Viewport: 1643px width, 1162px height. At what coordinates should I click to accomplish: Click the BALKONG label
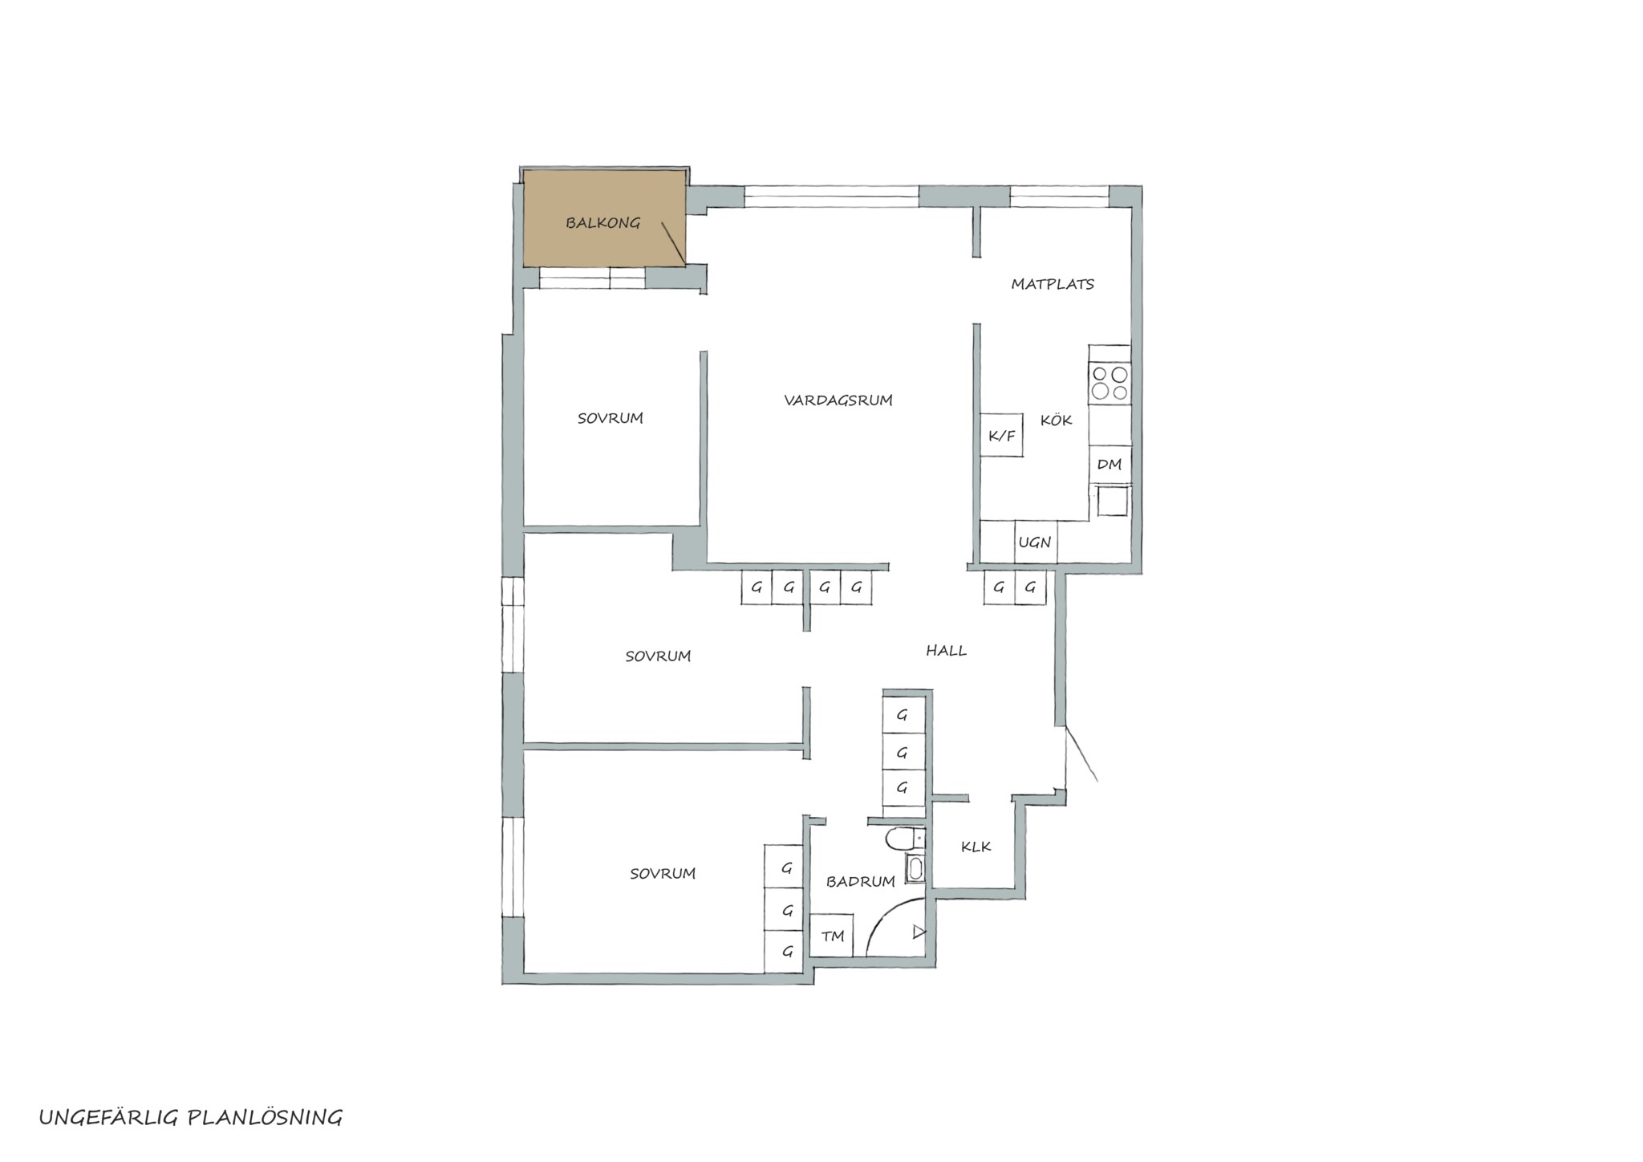tap(602, 223)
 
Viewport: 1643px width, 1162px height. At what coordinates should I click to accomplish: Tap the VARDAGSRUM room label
tap(838, 400)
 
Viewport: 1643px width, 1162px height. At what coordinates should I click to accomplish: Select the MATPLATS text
tap(1053, 284)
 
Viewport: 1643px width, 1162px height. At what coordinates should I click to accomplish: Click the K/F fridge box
tap(1001, 436)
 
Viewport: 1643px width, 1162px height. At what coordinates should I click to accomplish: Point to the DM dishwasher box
tap(1110, 464)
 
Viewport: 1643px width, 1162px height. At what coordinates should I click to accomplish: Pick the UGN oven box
tap(1035, 542)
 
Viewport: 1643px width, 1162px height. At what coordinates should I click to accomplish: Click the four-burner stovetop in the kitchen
tap(1110, 383)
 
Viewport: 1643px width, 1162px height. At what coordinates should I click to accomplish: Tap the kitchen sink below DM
tap(1113, 502)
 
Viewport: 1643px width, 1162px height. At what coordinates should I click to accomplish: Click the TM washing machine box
tap(832, 935)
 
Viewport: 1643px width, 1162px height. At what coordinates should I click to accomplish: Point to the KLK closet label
tap(976, 847)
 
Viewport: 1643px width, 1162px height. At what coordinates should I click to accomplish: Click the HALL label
tap(947, 651)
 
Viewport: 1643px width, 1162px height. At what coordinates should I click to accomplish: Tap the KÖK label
tap(1056, 420)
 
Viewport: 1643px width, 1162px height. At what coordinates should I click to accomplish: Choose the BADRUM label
tap(861, 881)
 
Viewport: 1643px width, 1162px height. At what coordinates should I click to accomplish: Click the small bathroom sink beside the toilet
tap(915, 868)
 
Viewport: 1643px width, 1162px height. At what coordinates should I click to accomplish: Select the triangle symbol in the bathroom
tap(919, 932)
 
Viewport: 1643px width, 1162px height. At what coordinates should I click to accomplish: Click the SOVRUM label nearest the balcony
tap(611, 418)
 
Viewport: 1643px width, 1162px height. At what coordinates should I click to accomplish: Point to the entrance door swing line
tap(1081, 754)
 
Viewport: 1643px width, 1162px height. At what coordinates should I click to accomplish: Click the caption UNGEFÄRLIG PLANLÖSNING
tap(191, 1117)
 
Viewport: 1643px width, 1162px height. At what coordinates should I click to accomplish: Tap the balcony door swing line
tap(674, 243)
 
